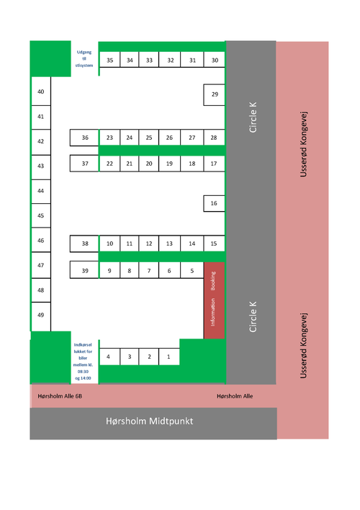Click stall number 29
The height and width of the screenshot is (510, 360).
point(214,94)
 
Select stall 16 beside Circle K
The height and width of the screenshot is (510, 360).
point(214,204)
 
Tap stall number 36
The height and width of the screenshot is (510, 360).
point(84,138)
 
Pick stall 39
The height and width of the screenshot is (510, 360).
point(84,270)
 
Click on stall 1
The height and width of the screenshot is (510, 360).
point(169,357)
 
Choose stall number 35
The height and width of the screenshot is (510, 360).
point(109,60)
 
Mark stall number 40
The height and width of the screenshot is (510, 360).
point(41,91)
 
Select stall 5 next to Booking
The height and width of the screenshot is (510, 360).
point(192,270)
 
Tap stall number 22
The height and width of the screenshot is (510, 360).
point(109,164)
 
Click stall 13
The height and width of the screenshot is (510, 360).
point(169,243)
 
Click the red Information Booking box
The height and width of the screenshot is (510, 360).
point(215,300)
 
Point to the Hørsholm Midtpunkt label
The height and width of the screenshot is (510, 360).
point(150,421)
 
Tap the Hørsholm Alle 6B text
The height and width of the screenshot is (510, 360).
point(60,396)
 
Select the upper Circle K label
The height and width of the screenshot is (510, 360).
point(253,117)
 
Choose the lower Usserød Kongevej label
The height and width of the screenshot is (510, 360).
point(303,346)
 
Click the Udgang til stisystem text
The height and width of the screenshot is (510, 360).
point(84,58)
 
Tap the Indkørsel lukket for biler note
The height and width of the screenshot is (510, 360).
point(83,362)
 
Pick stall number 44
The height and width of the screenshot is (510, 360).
point(41,192)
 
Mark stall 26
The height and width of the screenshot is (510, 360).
point(169,138)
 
